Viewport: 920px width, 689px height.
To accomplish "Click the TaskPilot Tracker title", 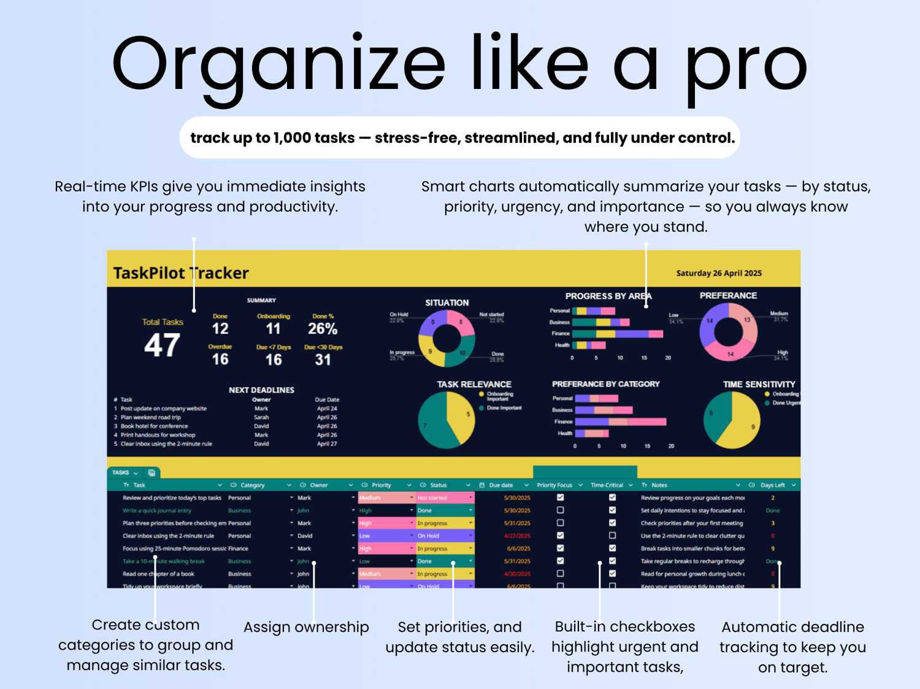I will pos(181,273).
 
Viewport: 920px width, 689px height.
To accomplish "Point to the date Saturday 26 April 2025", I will pos(718,273).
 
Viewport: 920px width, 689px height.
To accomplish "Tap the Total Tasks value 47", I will pos(162,345).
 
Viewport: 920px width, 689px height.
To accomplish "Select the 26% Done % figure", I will pos(323,329).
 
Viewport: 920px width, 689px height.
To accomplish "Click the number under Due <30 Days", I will pos(323,360).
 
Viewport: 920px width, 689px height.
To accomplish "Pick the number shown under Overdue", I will pos(220,360).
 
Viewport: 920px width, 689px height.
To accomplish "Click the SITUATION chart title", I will pos(447,302).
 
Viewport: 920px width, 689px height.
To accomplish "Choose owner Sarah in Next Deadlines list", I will pos(261,417).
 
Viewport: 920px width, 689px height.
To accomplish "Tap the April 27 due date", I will pos(327,444).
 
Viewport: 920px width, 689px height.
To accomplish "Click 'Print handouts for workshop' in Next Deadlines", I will pos(158,435).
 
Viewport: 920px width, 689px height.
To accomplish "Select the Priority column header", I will pos(381,485).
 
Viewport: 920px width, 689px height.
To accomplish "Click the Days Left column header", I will pos(772,485).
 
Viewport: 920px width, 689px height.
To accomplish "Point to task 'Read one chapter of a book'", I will pos(158,574).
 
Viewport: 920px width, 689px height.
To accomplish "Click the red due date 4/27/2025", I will pos(516,536).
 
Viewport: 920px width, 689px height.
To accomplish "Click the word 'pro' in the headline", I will pos(745,64).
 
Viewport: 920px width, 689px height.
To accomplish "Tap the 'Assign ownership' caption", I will pos(306,627).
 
